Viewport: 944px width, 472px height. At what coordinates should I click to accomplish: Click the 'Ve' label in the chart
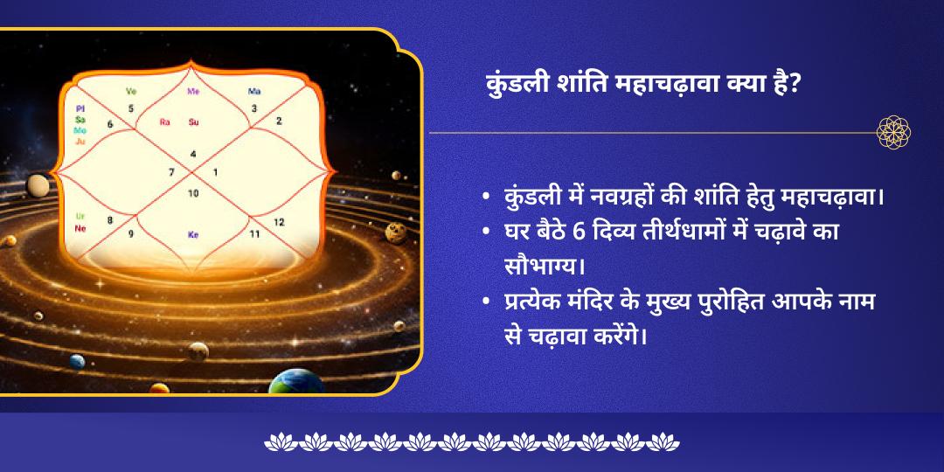[132, 91]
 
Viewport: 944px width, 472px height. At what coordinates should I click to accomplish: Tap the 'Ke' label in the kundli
[193, 234]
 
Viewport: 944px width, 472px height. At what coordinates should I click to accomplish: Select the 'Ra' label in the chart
[164, 122]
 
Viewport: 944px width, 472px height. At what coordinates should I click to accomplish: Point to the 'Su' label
[194, 122]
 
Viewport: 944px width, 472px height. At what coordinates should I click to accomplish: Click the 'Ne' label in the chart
[80, 228]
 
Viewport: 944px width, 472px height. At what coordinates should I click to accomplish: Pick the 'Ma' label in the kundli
[254, 91]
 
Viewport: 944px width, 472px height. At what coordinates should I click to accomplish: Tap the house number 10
[193, 192]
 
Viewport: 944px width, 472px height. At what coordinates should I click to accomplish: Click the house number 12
[279, 222]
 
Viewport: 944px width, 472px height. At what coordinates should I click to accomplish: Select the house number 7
[171, 172]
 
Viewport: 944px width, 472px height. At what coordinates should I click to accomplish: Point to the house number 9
[131, 234]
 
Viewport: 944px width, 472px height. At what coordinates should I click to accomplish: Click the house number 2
[279, 121]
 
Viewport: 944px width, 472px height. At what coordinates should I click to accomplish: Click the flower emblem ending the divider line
[894, 133]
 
